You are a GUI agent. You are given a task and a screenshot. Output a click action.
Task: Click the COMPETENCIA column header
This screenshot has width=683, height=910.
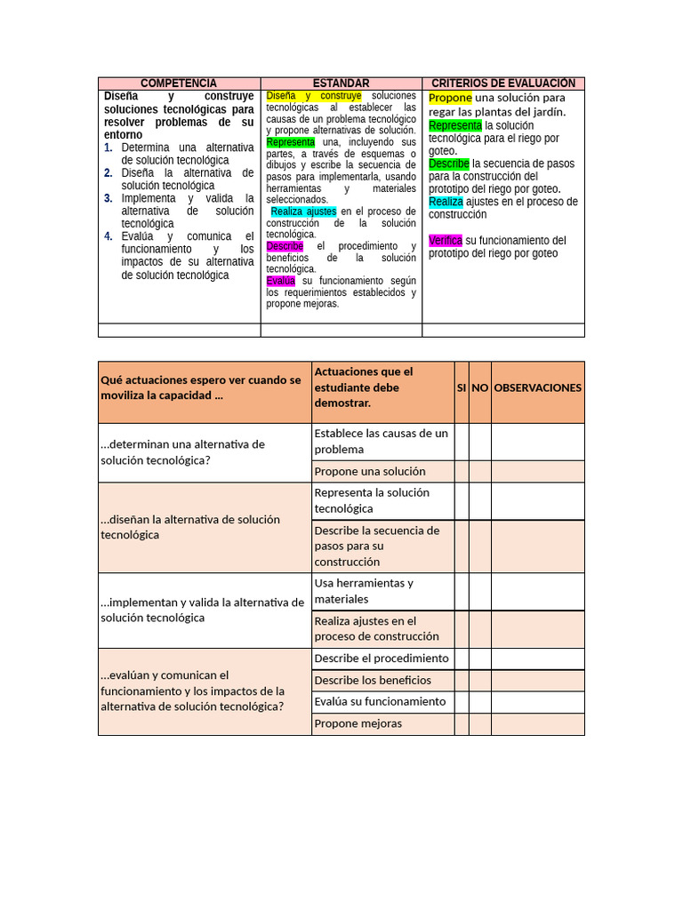[179, 83]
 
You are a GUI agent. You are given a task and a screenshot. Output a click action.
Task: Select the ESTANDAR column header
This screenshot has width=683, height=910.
[341, 83]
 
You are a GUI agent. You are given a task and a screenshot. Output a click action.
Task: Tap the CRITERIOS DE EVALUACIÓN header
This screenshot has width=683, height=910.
[503, 83]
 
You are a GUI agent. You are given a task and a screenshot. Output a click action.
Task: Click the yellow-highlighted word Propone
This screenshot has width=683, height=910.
[450, 98]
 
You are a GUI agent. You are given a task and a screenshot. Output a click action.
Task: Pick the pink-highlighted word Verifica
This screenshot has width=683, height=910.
[445, 241]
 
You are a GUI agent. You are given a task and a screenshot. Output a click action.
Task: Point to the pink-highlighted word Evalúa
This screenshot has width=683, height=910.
[280, 281]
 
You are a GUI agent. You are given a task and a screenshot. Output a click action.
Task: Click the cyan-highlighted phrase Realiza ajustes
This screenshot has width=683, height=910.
[303, 212]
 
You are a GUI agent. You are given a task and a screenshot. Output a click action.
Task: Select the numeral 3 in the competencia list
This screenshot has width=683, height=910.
[108, 198]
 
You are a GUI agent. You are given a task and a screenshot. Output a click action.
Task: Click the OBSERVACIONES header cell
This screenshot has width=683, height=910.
[537, 387]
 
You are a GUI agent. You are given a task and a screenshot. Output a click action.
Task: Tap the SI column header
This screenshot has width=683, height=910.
[461, 387]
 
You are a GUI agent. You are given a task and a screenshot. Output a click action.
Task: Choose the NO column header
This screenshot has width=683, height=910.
[479, 387]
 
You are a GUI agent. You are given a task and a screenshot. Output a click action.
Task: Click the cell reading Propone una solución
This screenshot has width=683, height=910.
[382, 471]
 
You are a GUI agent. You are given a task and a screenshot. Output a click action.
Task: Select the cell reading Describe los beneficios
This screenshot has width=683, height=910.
[382, 680]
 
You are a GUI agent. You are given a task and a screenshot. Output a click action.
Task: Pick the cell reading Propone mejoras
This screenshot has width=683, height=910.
[382, 723]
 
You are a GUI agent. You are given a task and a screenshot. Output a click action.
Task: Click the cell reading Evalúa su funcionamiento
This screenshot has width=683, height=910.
[382, 701]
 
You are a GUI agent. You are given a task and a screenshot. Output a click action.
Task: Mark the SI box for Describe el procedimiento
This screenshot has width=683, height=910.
[461, 659]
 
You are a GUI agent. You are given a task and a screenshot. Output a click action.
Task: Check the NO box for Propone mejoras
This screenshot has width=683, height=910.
[479, 723]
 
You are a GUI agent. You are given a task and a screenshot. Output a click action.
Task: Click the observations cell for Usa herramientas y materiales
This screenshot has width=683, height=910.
[537, 591]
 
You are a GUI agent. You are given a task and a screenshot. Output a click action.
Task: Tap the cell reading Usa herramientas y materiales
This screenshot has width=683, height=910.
[382, 591]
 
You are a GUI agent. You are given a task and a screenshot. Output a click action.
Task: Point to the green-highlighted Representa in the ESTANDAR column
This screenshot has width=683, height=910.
[290, 142]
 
